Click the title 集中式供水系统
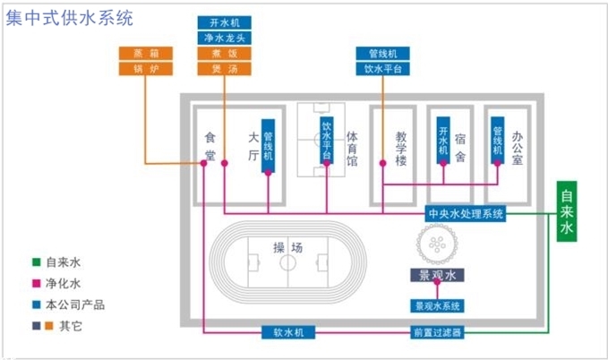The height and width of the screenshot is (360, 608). click(x=70, y=17)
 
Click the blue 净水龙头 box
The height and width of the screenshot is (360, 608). click(x=224, y=38)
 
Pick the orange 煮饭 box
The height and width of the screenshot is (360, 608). click(x=224, y=53)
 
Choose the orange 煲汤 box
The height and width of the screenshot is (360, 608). click(x=224, y=68)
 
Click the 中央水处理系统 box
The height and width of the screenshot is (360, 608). click(x=466, y=214)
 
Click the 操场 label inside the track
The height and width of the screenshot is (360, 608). click(x=287, y=246)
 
